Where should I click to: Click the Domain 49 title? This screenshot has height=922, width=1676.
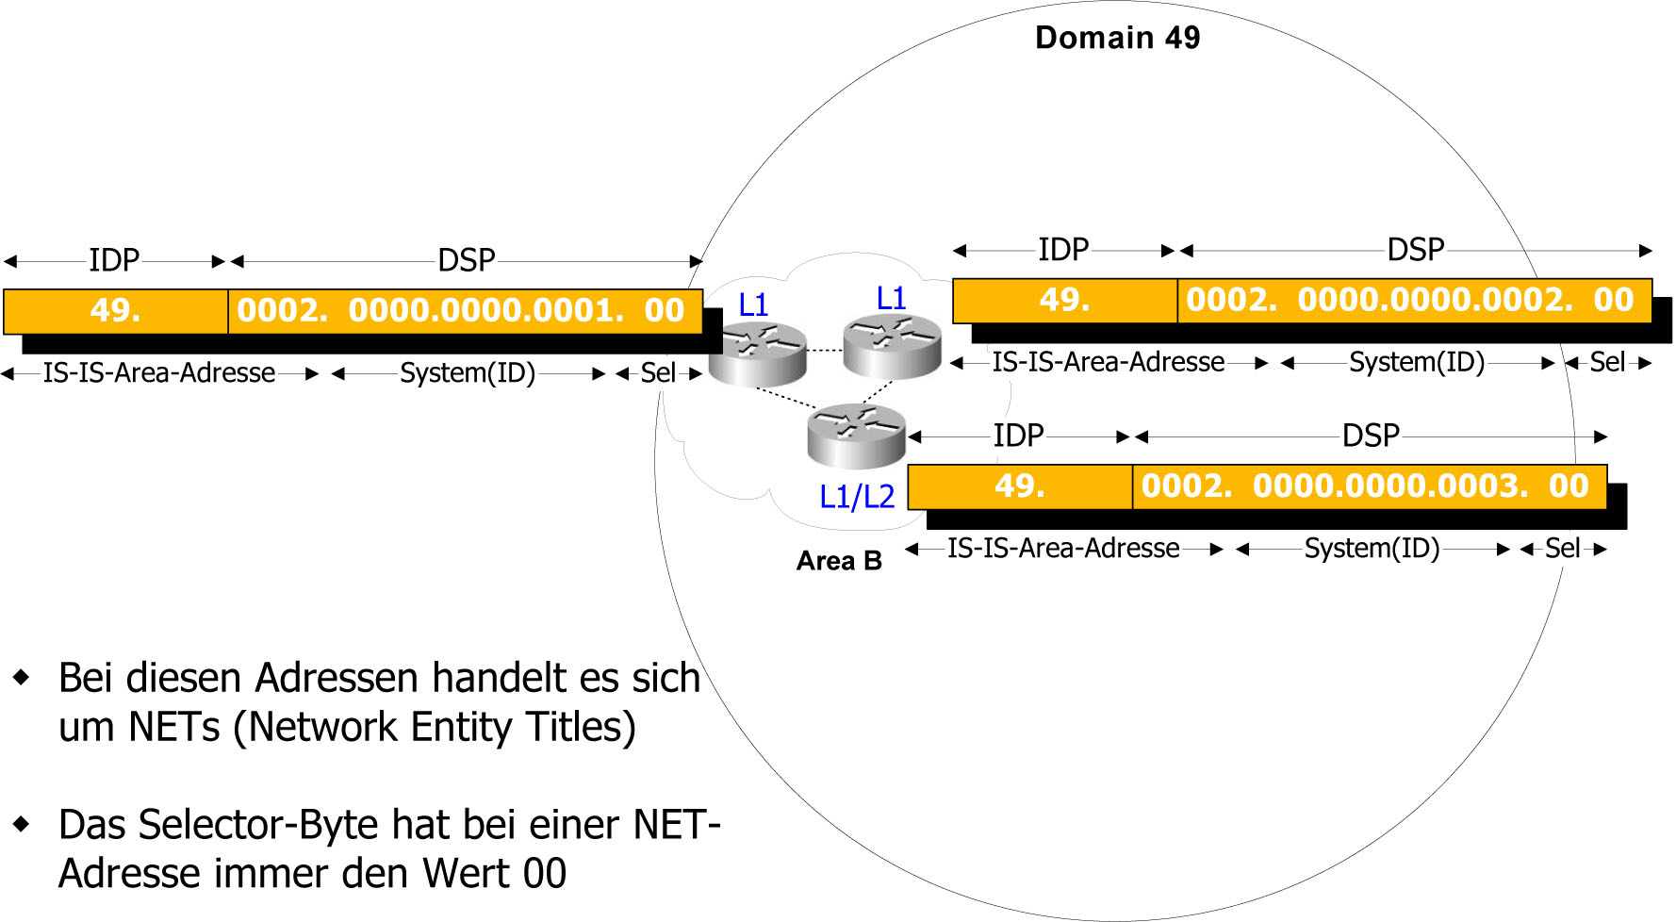(x=1117, y=38)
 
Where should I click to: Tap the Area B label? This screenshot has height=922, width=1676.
(x=839, y=561)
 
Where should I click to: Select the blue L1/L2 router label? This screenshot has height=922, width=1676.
(x=856, y=496)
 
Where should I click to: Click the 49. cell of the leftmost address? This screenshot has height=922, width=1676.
(x=115, y=310)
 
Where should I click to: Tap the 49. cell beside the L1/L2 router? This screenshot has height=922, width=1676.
(x=1019, y=486)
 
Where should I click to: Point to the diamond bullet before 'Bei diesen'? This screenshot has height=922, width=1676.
(x=21, y=678)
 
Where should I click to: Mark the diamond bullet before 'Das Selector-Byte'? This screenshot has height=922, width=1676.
(x=21, y=825)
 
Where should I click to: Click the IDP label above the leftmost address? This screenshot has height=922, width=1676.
(x=114, y=260)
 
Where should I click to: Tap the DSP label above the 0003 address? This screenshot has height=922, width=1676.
(x=1371, y=436)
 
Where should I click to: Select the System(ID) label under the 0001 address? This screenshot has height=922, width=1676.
(x=468, y=373)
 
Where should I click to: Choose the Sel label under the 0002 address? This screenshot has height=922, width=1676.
(x=1607, y=362)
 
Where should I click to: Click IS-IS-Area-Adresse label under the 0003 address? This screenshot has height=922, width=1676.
(x=1063, y=548)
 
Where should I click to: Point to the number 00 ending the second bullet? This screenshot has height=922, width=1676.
(x=545, y=874)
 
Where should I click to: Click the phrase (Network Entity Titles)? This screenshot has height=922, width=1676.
(x=435, y=727)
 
